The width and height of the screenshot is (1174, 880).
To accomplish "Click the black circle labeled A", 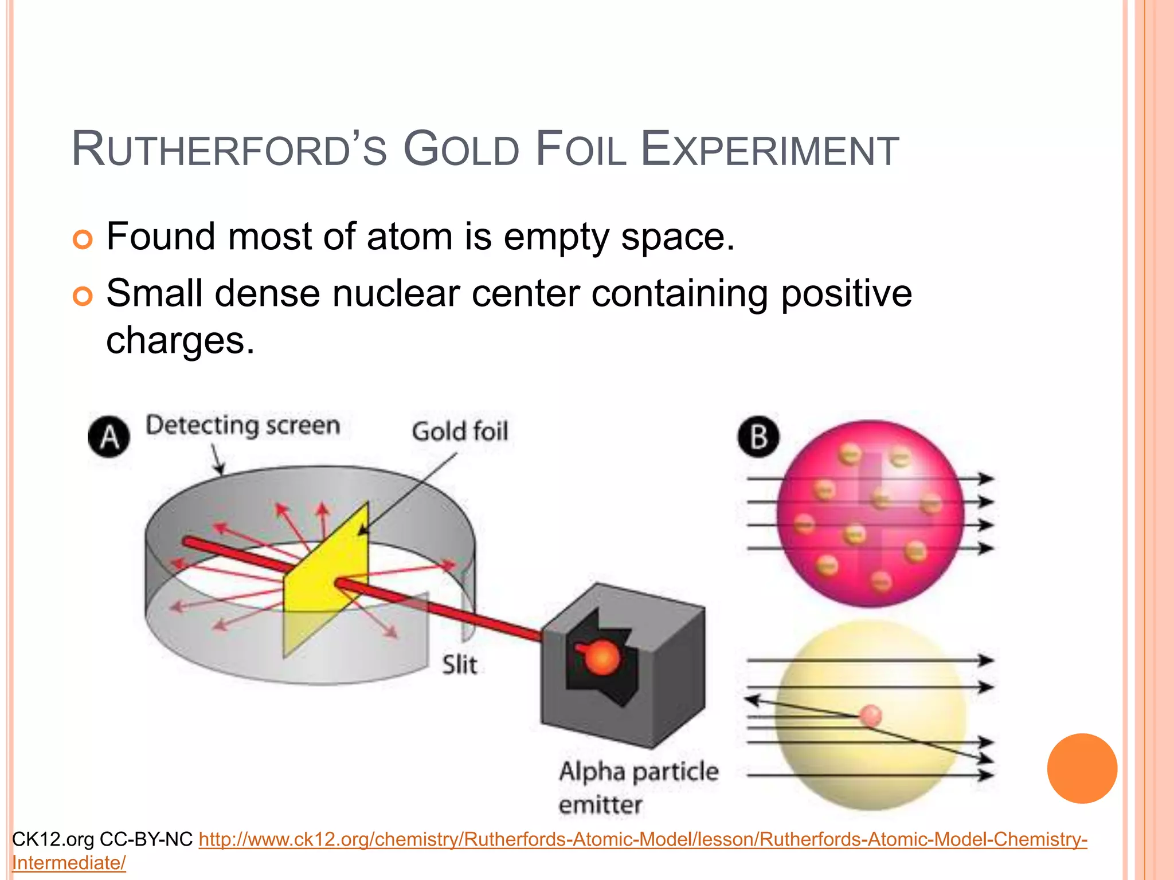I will (x=109, y=437).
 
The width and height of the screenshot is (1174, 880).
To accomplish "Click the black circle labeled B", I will (x=758, y=437).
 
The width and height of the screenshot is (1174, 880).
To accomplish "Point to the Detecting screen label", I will (x=242, y=426).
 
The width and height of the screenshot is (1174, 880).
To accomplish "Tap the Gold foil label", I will (x=460, y=431).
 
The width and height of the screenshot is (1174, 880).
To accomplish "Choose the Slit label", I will (x=459, y=665).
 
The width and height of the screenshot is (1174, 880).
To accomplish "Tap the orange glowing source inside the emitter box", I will (x=601, y=657).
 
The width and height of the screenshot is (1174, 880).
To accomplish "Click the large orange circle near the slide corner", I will (x=1082, y=768).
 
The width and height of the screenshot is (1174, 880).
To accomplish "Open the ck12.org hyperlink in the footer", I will (x=642, y=840).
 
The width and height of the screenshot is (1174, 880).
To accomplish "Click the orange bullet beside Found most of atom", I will (x=83, y=239).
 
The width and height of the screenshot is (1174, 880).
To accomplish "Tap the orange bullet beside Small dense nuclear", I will (x=83, y=296).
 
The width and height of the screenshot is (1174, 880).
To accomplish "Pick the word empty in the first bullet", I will (x=555, y=237).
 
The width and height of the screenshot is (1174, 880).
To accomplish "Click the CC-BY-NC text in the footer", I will (x=146, y=840).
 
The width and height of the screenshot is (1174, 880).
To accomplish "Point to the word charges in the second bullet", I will (x=180, y=341).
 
